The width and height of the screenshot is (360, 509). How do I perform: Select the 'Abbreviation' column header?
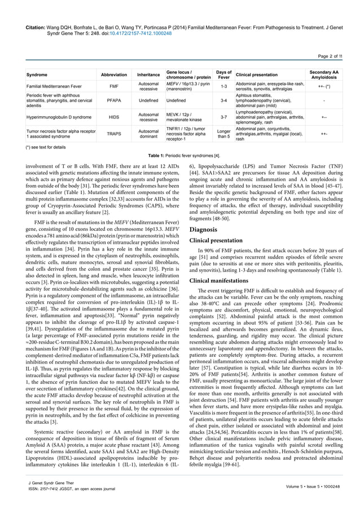[114, 74]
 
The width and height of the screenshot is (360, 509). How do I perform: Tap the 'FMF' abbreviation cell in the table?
[114, 86]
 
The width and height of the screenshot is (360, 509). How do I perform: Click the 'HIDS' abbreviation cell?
[114, 117]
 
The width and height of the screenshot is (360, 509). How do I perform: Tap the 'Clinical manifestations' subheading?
[222, 280]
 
